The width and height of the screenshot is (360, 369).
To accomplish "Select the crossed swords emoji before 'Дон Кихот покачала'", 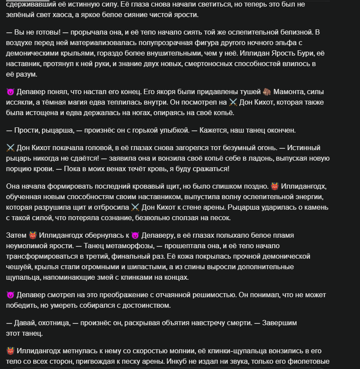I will (x=11, y=148).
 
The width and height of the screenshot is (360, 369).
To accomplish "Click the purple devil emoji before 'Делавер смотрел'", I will (x=11, y=295).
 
